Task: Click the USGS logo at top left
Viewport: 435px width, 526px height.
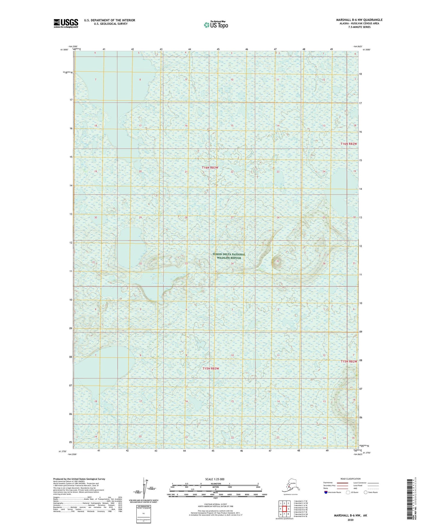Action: point(66,23)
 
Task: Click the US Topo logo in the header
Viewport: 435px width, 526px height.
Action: point(216,25)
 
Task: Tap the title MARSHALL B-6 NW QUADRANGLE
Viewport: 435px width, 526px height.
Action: point(359,20)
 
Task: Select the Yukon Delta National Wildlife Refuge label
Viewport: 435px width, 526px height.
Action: point(229,256)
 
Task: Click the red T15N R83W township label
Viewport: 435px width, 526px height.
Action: point(211,368)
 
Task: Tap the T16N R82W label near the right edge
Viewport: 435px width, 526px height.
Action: point(349,144)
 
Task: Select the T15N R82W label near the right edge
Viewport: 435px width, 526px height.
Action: point(349,362)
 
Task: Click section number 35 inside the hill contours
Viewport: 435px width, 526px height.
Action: point(278,261)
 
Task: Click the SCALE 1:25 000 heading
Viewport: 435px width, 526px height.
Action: point(215,479)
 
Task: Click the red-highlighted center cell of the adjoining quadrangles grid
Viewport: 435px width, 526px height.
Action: point(284,509)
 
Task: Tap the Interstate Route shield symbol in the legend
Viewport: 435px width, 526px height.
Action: point(326,492)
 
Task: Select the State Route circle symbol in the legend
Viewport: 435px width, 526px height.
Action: point(366,492)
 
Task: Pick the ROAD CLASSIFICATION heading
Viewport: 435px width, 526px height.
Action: point(350,479)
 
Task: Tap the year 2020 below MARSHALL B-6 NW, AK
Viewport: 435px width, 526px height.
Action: point(350,520)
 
